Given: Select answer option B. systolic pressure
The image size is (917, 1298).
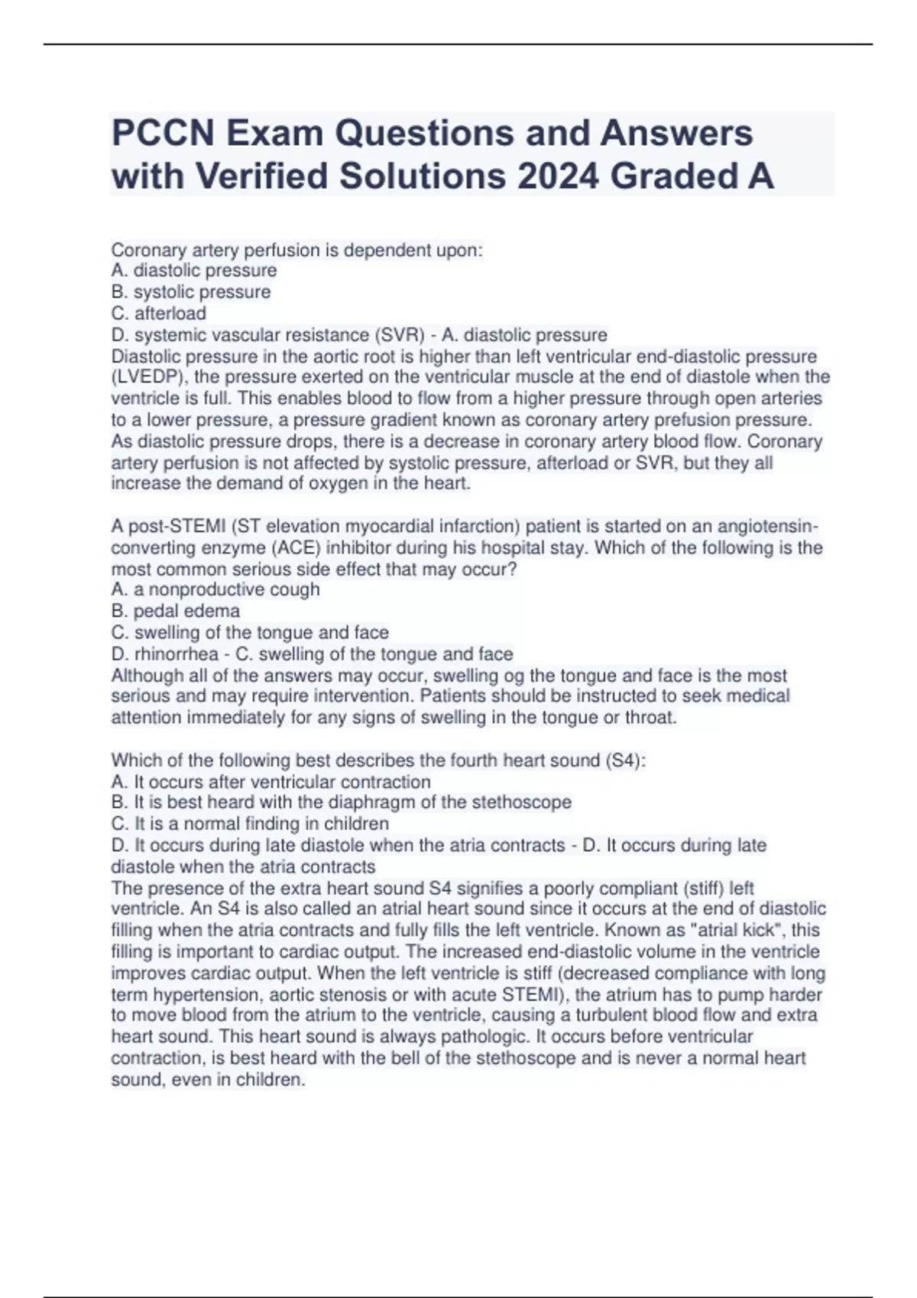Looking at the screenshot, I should [x=191, y=292].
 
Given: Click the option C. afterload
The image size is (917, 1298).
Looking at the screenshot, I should [x=159, y=313].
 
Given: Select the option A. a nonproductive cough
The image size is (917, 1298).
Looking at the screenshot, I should [x=215, y=589].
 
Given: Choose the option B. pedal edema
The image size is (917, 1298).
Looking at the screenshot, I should [x=176, y=611].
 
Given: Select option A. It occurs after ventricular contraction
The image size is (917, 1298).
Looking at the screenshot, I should [x=271, y=782].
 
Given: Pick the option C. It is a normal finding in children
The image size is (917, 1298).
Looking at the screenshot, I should [x=250, y=824].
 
